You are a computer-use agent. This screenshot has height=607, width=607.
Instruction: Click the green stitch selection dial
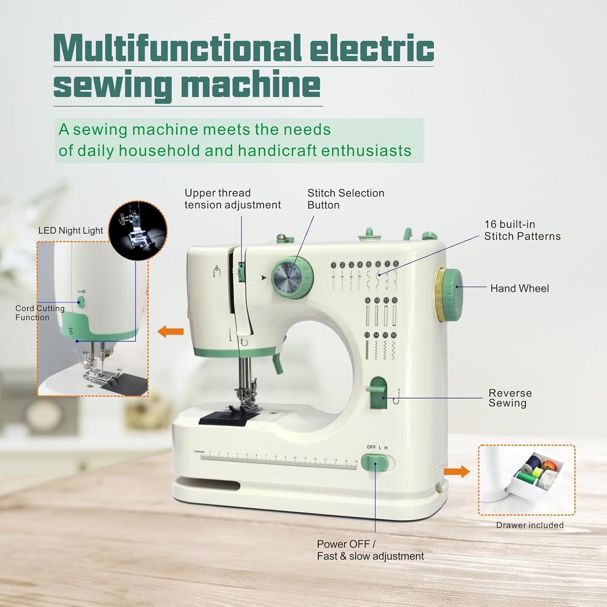[x=292, y=279]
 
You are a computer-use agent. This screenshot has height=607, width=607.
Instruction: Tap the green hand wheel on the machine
[x=450, y=295]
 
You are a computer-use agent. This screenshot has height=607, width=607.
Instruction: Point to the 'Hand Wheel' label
[x=519, y=289]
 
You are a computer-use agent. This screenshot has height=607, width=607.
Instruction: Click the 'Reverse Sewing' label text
[x=509, y=398]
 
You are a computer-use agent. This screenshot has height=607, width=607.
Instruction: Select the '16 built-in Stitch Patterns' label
[x=522, y=230]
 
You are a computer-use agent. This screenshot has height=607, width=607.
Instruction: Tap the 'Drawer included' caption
[x=529, y=525]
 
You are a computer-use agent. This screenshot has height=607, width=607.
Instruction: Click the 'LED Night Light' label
[x=70, y=231]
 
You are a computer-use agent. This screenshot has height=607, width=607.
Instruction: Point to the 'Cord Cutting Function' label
[x=40, y=313]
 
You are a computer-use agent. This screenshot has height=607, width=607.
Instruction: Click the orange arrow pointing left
[x=170, y=332]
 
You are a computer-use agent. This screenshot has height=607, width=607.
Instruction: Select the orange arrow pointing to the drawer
[x=456, y=471]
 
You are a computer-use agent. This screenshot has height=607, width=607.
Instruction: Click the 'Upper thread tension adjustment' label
[x=232, y=199]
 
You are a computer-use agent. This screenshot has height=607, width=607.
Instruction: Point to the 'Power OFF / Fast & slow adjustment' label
[x=370, y=550]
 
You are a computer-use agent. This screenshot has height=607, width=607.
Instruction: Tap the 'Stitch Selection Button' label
[x=345, y=199]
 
